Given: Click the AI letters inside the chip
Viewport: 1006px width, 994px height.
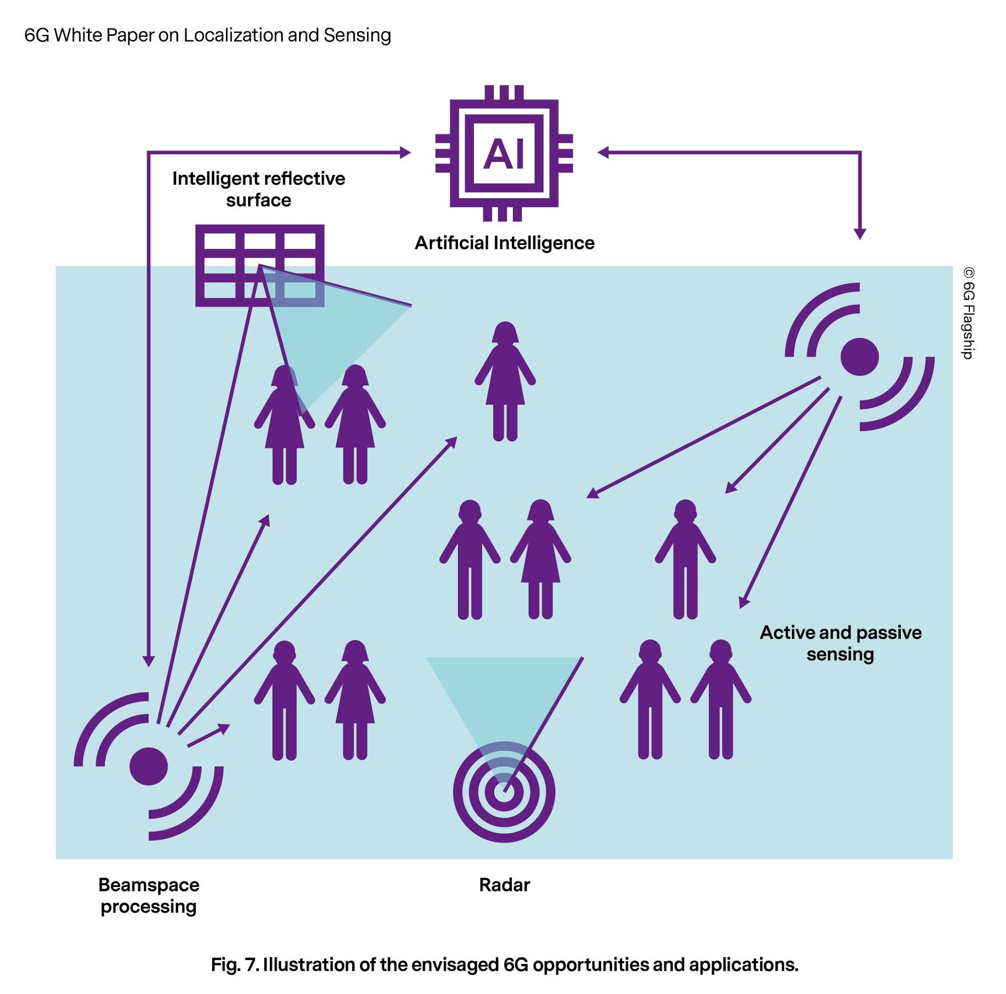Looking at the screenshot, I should (503, 154).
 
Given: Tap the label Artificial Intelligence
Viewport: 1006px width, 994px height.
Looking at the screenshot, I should (504, 243).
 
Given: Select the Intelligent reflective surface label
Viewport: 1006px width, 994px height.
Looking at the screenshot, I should (259, 189).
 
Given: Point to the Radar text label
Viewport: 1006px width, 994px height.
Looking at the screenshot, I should (504, 885).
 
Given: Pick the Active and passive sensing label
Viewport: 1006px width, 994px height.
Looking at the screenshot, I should (840, 643).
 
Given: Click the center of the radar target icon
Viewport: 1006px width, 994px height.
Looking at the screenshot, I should (503, 793).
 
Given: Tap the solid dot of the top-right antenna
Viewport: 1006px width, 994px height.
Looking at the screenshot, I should (860, 356).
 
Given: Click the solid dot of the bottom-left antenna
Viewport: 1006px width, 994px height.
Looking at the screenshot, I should (149, 766).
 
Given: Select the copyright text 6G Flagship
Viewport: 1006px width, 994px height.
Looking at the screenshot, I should (968, 313).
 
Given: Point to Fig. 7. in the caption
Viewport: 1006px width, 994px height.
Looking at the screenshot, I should (234, 965).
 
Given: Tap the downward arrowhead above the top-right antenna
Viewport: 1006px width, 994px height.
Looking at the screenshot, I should (860, 234).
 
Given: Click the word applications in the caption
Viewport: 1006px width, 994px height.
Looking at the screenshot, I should (743, 965).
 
